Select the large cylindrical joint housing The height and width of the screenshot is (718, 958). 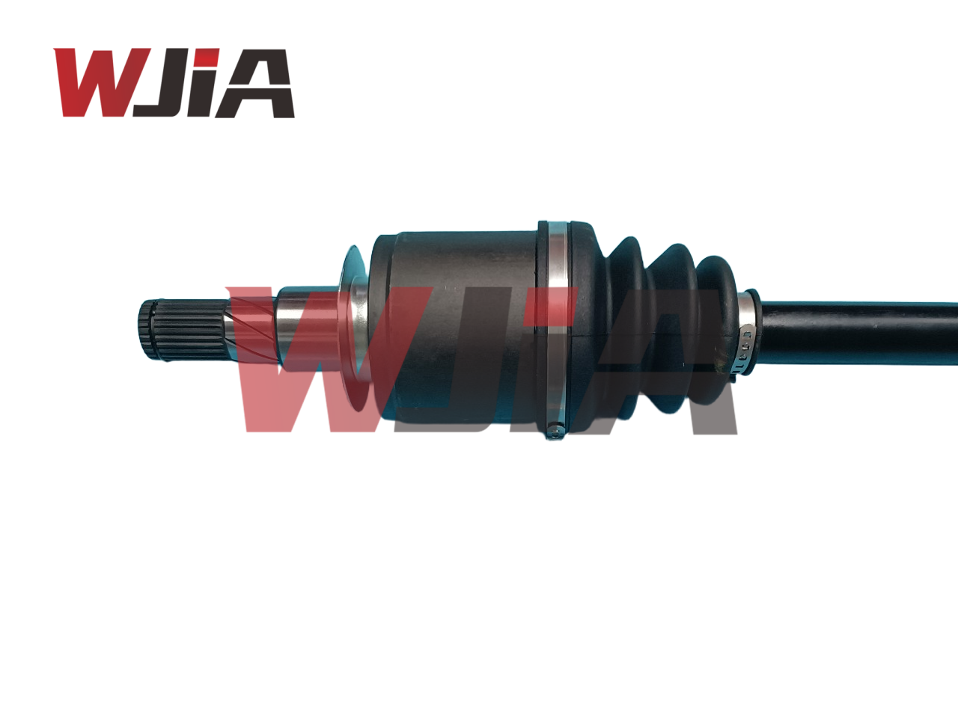[x=457, y=329]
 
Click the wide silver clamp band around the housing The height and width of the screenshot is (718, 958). [x=556, y=329]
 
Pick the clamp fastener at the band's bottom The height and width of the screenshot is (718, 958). [x=555, y=431]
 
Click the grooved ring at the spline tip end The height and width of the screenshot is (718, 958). [x=147, y=330]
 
